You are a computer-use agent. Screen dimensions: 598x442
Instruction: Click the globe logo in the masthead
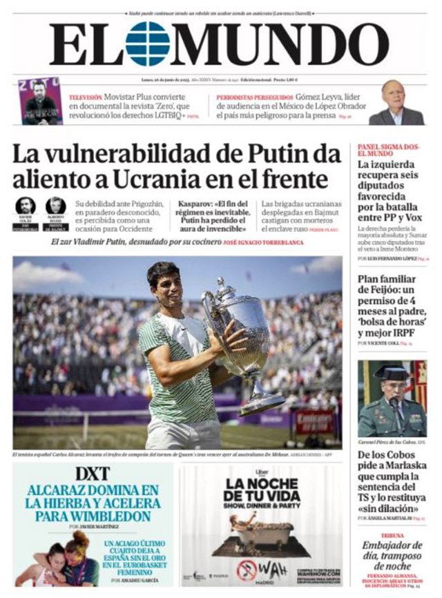(147, 44)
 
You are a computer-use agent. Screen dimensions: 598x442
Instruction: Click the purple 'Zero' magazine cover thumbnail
(40, 101)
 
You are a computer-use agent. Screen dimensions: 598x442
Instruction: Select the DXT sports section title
(93, 474)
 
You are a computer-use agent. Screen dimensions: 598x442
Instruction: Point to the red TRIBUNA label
(392, 536)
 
